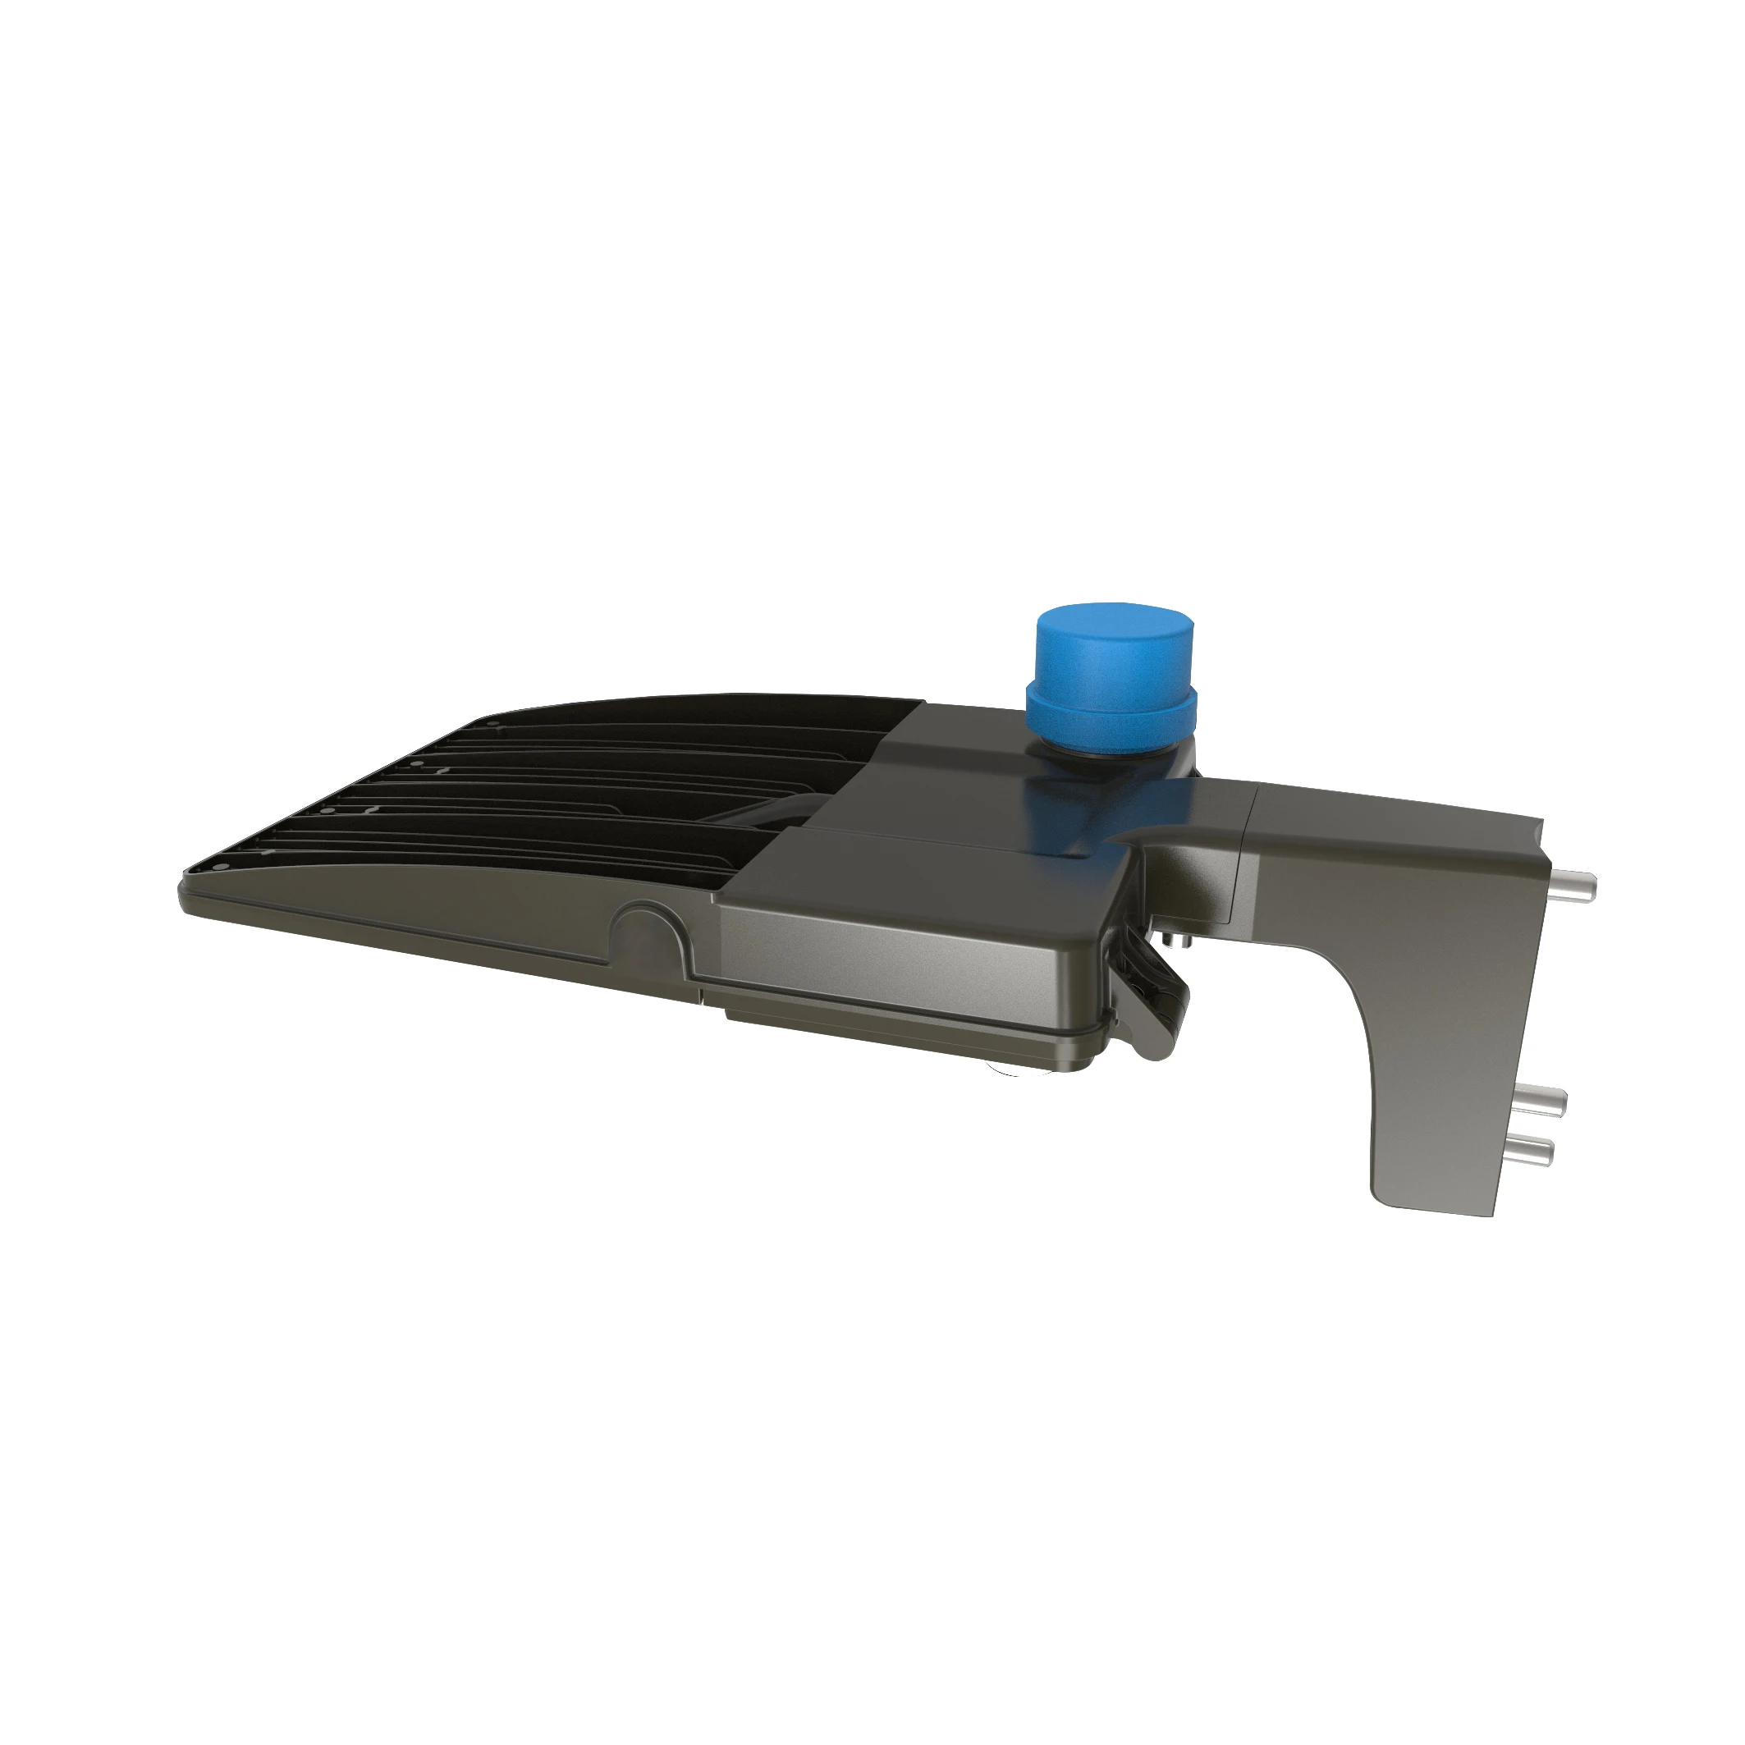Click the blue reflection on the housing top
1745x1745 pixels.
click(x=1074, y=813)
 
